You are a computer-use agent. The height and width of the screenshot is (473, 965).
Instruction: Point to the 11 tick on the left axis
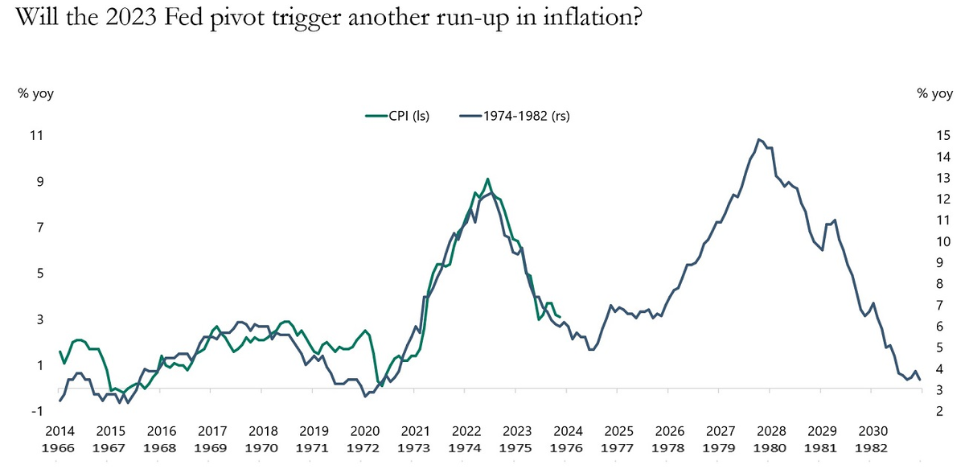35,136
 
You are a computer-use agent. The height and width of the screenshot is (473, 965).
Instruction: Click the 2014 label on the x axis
60,431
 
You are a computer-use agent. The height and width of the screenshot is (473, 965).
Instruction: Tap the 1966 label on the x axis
60,447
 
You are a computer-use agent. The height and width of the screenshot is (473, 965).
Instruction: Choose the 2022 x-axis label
466,431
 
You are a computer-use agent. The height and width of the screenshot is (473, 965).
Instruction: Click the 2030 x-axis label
873,431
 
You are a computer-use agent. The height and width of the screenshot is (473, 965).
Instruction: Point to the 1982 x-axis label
873,447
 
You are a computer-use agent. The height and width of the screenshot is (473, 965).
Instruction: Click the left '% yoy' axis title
35,94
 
